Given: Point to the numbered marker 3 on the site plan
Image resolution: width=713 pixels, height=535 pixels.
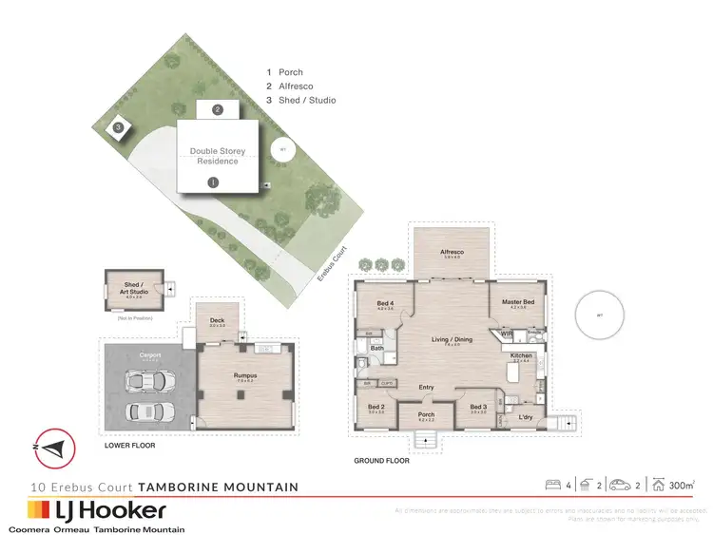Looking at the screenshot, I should pyautogui.click(x=117, y=126).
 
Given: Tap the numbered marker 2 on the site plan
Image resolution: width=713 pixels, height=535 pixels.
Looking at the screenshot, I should pyautogui.click(x=218, y=109).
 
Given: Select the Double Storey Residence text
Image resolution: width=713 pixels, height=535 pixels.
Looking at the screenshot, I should pyautogui.click(x=217, y=156).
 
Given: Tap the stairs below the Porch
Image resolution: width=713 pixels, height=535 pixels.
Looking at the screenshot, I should pyautogui.click(x=425, y=439).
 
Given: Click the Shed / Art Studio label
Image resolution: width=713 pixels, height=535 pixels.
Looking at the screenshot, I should pyautogui.click(x=139, y=288).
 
